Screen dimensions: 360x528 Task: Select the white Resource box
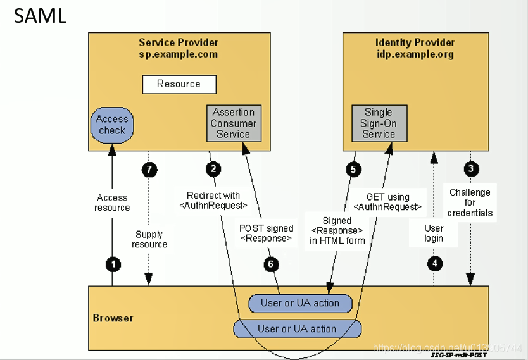[179, 84]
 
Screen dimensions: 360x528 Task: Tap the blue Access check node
[112, 125]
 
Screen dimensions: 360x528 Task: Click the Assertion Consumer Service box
[234, 123]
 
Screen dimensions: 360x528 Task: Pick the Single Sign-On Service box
[379, 123]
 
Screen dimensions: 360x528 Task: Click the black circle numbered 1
[113, 264]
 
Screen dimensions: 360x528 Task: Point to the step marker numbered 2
[213, 169]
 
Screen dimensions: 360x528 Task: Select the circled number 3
[470, 169]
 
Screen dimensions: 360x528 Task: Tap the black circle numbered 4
[434, 264]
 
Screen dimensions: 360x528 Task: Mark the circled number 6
[271, 264]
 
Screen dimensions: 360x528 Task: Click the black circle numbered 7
[149, 169]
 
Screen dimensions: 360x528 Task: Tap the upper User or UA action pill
[300, 303]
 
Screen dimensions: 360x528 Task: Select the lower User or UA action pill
[297, 329]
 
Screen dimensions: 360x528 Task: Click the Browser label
[113, 318]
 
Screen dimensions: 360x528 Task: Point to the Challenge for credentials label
[470, 202]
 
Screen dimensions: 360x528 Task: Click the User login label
[434, 233]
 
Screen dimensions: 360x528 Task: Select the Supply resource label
[149, 239]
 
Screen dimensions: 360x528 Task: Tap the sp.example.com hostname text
[179, 54]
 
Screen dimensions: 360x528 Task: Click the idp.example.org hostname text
[415, 54]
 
